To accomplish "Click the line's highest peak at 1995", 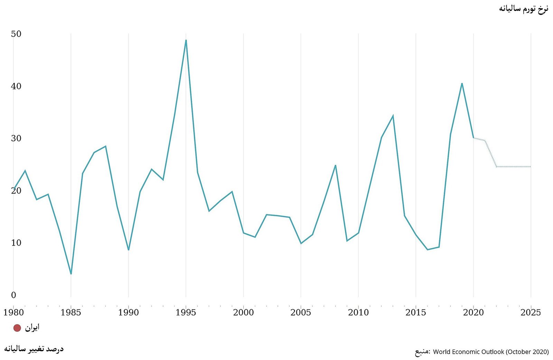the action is [x=186, y=40].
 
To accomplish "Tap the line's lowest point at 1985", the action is [x=71, y=274].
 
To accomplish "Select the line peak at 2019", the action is [x=462, y=83].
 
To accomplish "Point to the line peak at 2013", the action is [x=393, y=115].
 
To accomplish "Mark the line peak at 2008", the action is [x=335, y=165].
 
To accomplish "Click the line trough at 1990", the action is [x=128, y=250].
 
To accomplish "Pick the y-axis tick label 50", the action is [x=16, y=34].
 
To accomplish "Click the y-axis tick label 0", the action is [x=13, y=295].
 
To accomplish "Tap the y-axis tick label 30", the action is [x=16, y=139].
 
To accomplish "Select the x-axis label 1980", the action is [x=13, y=313].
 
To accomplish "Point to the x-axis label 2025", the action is [x=531, y=313].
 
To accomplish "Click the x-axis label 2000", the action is [x=243, y=313].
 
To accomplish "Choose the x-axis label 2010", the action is [x=358, y=313].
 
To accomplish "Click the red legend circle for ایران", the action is [x=17, y=328].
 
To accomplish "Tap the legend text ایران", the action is [x=32, y=328].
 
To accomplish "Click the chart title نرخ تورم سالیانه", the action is [x=523, y=9].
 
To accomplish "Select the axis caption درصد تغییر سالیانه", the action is [x=34, y=349].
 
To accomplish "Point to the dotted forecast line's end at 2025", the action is [x=531, y=167].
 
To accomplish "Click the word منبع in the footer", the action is [x=422, y=352].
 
